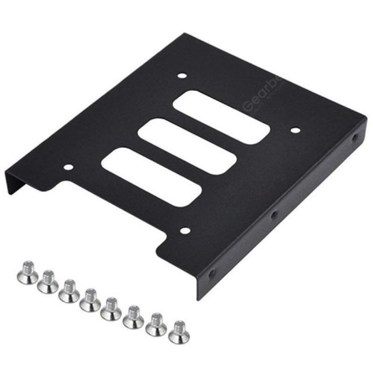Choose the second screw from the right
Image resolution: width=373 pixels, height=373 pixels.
pyautogui.click(x=155, y=324)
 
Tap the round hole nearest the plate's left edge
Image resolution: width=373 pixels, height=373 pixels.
pyautogui.click(x=69, y=167)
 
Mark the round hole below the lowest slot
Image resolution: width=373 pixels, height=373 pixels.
pyautogui.click(x=185, y=230)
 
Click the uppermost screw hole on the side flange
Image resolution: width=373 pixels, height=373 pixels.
pyautogui.click(x=356, y=138)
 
